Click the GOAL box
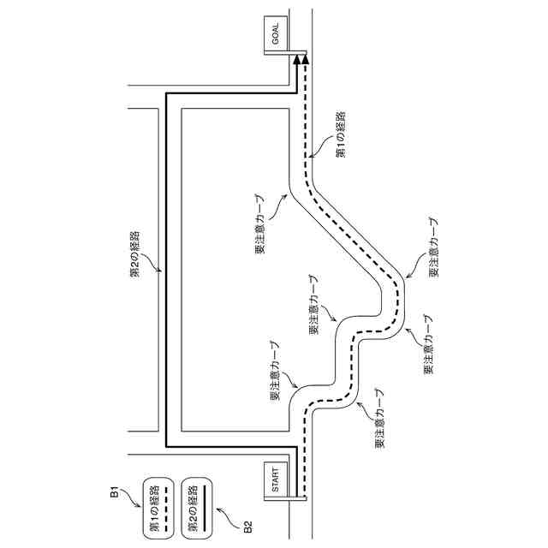(276, 37)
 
